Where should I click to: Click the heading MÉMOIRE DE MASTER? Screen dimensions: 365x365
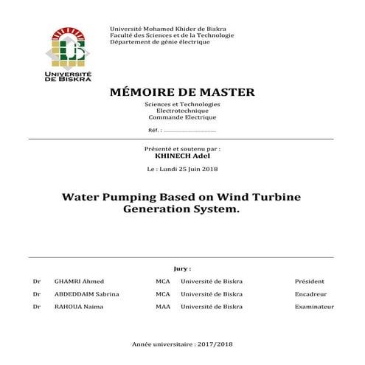point(181,92)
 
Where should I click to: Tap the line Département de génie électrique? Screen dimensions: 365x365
point(159,42)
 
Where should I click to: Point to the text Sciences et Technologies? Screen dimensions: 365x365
point(182,105)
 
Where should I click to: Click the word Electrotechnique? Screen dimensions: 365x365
point(182,111)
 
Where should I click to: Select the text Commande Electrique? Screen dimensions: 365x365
point(182,118)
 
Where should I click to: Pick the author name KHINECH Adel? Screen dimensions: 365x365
point(182,156)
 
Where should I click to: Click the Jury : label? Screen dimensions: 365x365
point(182,269)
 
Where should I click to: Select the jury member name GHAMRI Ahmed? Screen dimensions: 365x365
point(79,282)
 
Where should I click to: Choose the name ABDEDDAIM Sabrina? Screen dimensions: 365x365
point(87,294)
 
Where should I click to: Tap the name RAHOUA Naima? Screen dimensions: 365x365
point(79,307)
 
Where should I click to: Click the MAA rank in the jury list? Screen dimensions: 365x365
point(163,307)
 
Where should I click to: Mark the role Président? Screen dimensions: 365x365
point(309,282)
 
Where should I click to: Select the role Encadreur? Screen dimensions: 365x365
point(310,294)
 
